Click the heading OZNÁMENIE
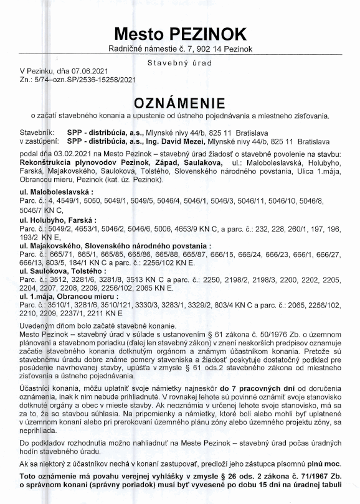point(180,102)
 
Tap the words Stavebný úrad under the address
point(180,63)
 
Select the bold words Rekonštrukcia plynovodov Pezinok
point(73,162)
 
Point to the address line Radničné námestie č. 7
point(147,49)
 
